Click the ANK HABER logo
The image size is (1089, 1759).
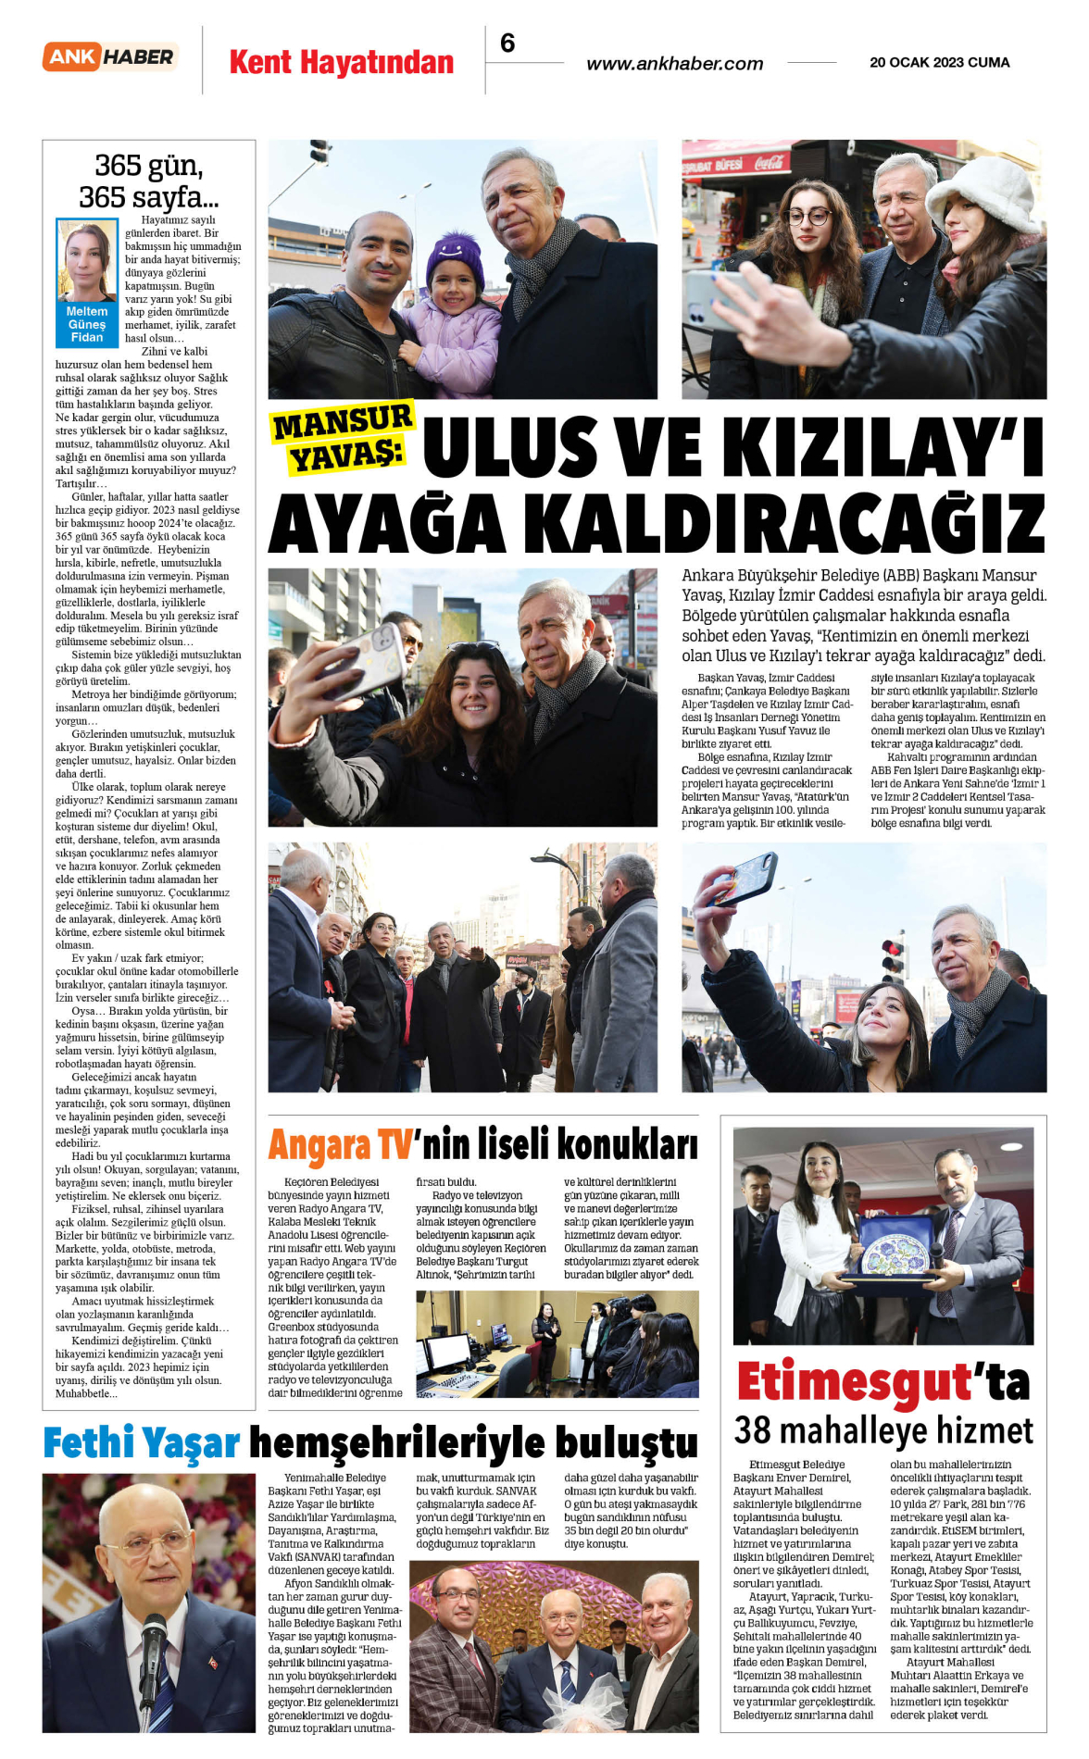(110, 56)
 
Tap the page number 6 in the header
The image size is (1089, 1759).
(507, 43)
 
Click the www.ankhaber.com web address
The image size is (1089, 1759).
(674, 64)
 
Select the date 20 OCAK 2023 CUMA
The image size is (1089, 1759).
(939, 63)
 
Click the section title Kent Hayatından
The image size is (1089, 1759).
(341, 63)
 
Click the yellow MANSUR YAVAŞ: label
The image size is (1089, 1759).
(342, 438)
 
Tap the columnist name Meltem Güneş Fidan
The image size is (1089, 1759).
(87, 324)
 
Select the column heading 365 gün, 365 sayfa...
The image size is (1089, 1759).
(148, 181)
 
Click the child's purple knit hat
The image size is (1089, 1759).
(455, 258)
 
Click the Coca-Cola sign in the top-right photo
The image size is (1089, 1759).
(769, 164)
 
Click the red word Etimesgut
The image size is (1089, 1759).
(852, 1381)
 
